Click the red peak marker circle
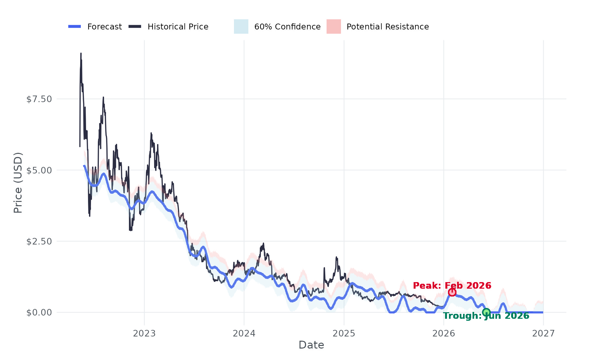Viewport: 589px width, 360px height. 452,292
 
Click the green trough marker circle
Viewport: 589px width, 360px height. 486,312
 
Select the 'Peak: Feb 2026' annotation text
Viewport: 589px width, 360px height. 452,285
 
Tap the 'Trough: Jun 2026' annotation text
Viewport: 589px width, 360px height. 486,316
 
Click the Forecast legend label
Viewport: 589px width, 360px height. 104,27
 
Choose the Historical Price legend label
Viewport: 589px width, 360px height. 178,27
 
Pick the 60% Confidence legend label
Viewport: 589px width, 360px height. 287,27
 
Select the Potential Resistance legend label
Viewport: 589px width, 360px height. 387,27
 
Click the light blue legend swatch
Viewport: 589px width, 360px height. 241,27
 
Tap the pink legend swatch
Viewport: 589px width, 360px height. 333,27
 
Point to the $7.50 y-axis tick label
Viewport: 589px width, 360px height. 39,99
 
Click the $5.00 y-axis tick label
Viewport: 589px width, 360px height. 39,170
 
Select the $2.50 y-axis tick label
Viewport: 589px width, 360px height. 39,241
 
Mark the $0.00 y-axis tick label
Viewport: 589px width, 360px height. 39,313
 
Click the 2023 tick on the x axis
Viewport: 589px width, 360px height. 144,333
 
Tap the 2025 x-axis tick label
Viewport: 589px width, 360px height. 344,333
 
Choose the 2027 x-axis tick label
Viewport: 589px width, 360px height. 544,333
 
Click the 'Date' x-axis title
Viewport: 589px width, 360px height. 311,345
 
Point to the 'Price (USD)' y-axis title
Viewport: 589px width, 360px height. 18,183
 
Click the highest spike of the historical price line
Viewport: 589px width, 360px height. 81,54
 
